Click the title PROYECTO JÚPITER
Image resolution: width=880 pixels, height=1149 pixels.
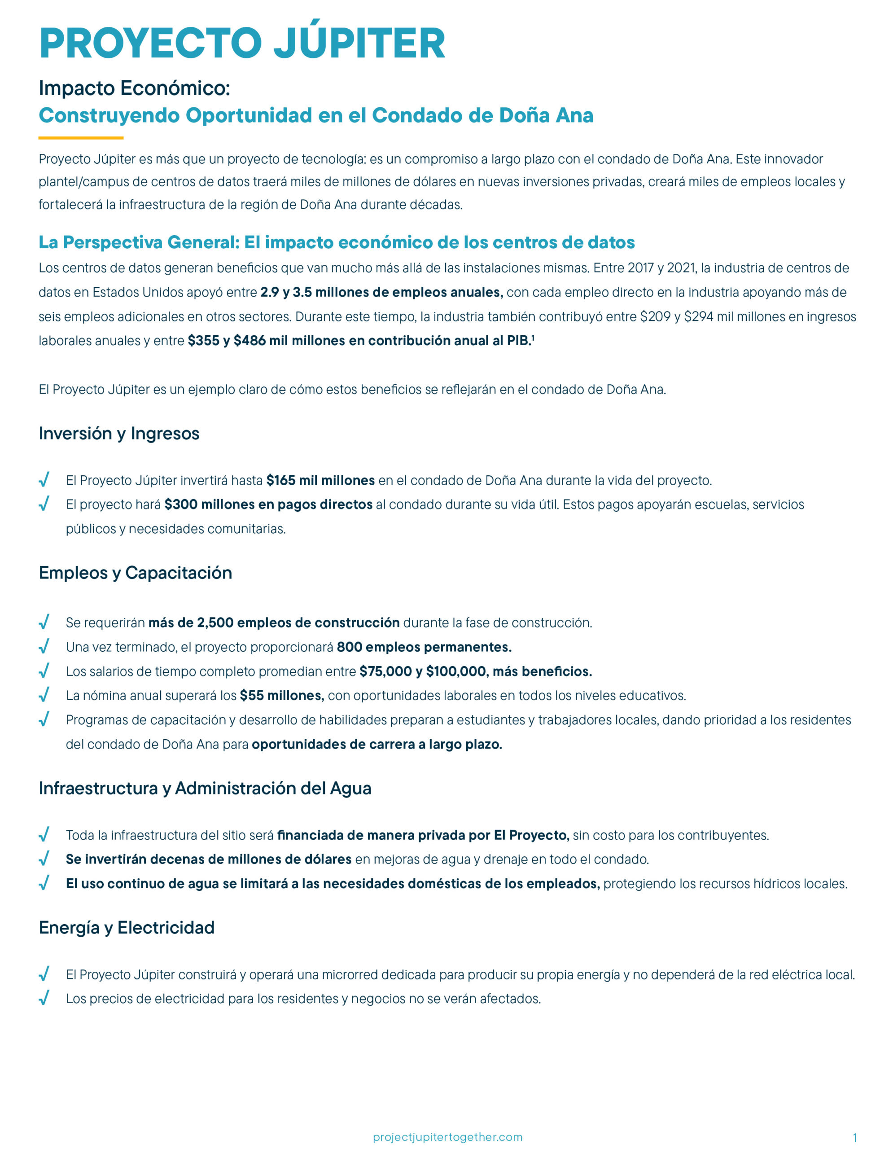pos(242,43)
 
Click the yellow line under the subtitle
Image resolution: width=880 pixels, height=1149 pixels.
pos(81,138)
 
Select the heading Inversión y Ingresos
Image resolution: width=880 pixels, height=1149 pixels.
pos(119,433)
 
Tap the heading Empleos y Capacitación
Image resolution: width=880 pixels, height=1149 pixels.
pos(135,573)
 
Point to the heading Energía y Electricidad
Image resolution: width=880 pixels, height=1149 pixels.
pos(126,927)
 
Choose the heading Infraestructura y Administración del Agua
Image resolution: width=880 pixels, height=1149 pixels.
pos(205,788)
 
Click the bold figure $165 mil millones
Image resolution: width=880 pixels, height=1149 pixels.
pos(320,480)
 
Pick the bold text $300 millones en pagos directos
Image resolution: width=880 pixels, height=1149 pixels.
pos(268,504)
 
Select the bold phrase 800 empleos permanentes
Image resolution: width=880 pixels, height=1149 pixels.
pos(424,647)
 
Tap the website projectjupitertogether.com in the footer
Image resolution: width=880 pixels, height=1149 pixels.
pos(447,1137)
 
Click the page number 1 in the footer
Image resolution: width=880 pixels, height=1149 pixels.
pos(855,1137)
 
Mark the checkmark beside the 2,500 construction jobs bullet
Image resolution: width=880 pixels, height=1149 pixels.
pos(44,622)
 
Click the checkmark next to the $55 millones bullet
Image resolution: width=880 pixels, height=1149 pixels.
pos(44,695)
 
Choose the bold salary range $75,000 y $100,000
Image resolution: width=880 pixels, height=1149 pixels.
pos(423,671)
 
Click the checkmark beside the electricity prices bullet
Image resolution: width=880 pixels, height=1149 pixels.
pos(44,998)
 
